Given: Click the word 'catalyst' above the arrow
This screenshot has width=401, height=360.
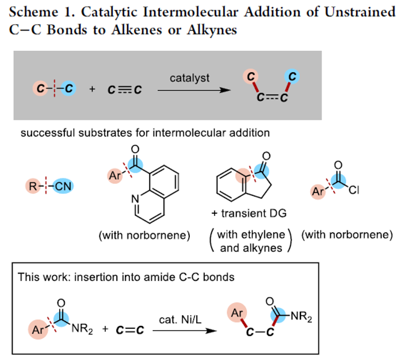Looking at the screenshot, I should coord(189,78).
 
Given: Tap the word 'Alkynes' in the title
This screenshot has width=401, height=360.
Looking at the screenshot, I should coord(213,30).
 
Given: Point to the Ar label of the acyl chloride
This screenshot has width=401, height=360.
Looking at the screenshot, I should coord(318,191).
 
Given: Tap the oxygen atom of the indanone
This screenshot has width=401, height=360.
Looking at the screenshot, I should coord(265,155).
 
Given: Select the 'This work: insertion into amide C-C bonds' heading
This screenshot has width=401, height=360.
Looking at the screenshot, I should coord(126,276).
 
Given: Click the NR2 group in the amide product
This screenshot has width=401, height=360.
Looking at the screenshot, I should coord(300,316).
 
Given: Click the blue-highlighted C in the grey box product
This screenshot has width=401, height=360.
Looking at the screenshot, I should coord(292,77).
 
